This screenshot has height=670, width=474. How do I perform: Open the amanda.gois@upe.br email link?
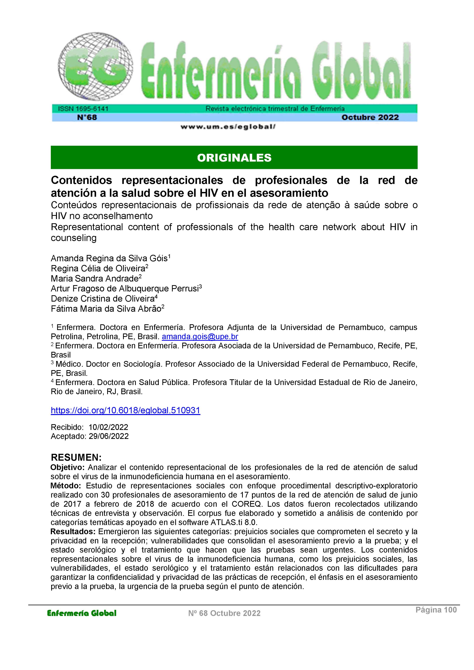click(x=200, y=337)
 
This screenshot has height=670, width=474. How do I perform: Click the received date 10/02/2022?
click(x=108, y=427)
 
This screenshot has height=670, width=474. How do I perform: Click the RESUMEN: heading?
click(x=76, y=457)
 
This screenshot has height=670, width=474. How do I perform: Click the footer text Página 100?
click(x=436, y=610)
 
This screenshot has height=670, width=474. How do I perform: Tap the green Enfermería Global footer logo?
click(x=82, y=613)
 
